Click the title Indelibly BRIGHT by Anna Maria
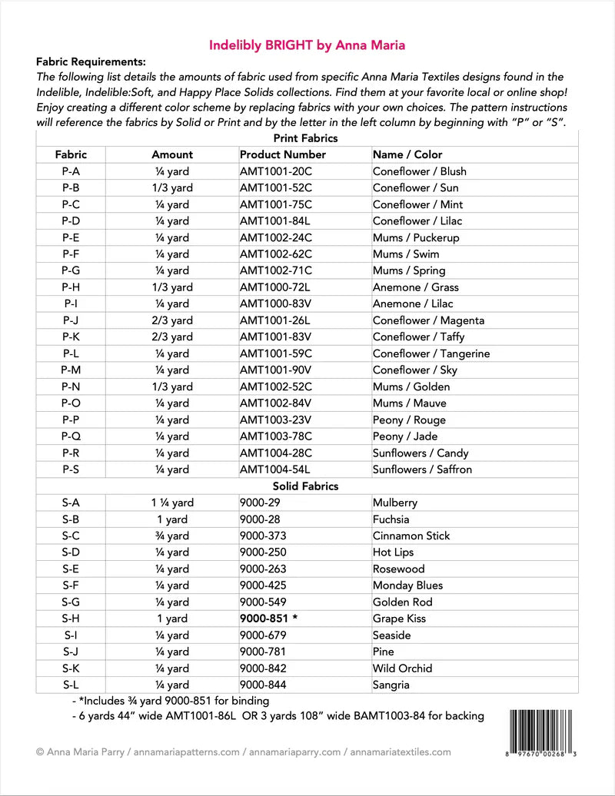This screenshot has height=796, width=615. [x=307, y=45]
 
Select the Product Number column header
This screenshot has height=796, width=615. [x=282, y=154]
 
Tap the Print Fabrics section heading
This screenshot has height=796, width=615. [x=306, y=138]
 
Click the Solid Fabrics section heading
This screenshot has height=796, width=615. [x=306, y=486]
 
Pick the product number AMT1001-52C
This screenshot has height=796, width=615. [x=276, y=187]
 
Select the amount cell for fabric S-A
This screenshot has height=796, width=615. [x=172, y=503]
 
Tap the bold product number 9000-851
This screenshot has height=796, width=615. [x=268, y=619]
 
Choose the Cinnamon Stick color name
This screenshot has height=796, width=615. [x=411, y=536]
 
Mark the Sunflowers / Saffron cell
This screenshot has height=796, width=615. [x=422, y=469]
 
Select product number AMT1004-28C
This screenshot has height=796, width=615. [x=276, y=453]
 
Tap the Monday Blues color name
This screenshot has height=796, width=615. [x=407, y=585]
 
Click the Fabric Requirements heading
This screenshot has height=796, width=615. [x=91, y=61]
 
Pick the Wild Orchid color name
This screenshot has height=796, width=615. [x=402, y=668]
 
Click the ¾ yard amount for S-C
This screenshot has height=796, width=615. [x=172, y=536]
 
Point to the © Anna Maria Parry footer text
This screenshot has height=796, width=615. [x=82, y=752]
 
